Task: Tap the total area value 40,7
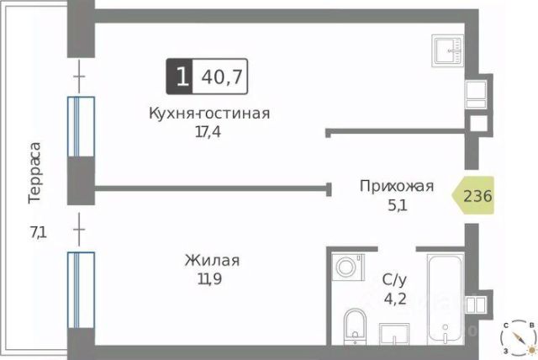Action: pyautogui.click(x=221, y=77)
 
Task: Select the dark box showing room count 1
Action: pyautogui.click(x=180, y=77)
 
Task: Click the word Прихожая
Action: pyautogui.click(x=396, y=187)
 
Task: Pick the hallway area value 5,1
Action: pyautogui.click(x=397, y=204)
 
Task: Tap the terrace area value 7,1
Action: pyautogui.click(x=38, y=233)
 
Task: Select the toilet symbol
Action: pyautogui.click(x=354, y=324)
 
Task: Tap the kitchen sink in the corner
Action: pyautogui.click(x=446, y=49)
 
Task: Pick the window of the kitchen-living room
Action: pyautogui.click(x=81, y=126)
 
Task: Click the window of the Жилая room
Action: pyautogui.click(x=81, y=291)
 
